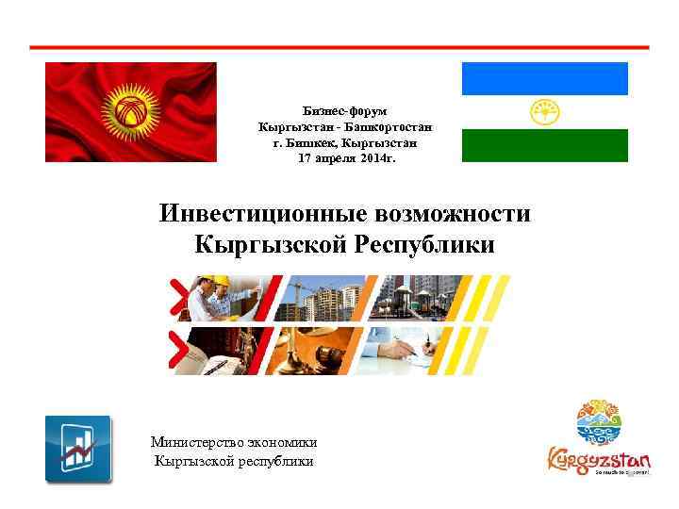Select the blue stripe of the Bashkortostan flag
544,78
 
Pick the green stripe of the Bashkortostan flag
544,145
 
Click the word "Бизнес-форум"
345,111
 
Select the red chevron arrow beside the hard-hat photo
177,300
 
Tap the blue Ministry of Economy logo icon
78,449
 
